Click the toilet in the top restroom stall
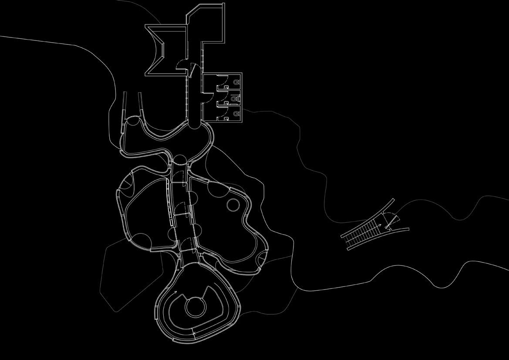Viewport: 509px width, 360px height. click(236, 82)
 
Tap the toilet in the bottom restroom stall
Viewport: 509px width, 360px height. click(236, 113)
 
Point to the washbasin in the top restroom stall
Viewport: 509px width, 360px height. click(226, 87)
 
